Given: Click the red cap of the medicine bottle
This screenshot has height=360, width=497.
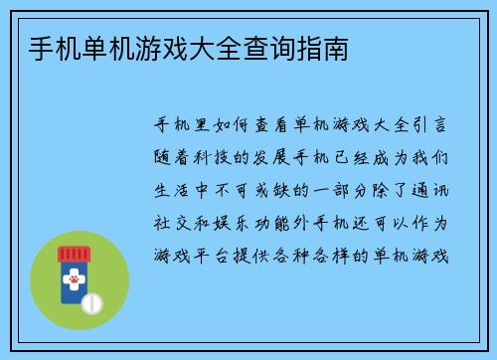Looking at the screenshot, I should [x=74, y=254].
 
